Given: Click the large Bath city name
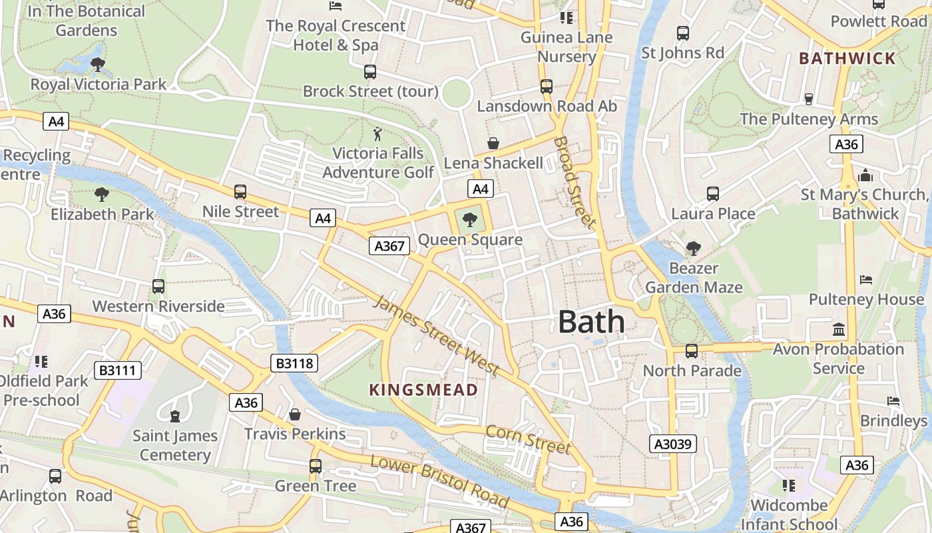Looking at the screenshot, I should click(591, 322).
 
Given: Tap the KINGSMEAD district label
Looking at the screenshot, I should click(423, 390).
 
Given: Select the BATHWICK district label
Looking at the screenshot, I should click(847, 58).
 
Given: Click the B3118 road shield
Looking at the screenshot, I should click(295, 363).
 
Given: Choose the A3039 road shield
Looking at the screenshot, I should click(673, 444).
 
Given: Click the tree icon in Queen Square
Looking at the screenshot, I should click(470, 219).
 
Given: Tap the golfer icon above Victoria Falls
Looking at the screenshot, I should click(377, 134).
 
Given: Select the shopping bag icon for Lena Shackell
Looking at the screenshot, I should click(493, 143).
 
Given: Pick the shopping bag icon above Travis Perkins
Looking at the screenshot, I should click(295, 414).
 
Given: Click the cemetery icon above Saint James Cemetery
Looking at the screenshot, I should click(175, 416).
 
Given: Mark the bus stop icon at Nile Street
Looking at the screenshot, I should click(240, 192).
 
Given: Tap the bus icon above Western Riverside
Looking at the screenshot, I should click(158, 286).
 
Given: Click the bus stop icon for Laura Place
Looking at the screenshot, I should click(713, 194).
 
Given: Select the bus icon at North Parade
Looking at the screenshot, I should click(692, 350).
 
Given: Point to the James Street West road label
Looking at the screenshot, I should click(436, 334).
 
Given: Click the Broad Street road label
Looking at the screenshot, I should click(574, 183).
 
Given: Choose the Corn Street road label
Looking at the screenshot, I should click(528, 439).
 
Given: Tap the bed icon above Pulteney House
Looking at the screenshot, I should click(866, 279).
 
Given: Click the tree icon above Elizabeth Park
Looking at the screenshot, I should click(102, 195).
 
